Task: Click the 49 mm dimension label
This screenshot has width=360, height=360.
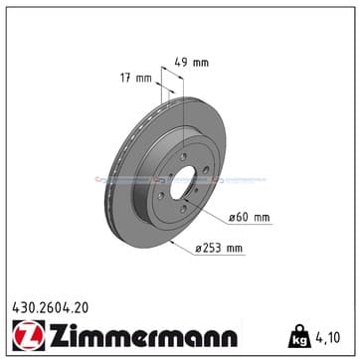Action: pos(192,62)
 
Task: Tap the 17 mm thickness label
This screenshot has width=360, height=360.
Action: pos(135,79)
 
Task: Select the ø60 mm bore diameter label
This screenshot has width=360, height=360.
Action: pos(250,218)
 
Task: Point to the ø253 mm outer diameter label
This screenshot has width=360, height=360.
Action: pos(219,248)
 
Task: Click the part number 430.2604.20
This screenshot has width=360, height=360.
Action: pos(51,308)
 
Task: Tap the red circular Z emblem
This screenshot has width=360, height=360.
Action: pos(28,335)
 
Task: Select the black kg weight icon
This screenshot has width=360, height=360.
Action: pos(299,336)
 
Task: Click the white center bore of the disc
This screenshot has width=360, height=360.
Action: pos(182,182)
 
